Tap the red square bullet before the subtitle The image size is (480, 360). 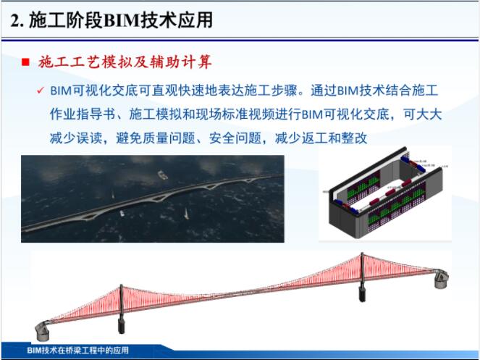tap(25, 63)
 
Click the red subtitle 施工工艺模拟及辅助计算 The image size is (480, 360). tap(125, 62)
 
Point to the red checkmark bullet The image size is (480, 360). tap(42, 93)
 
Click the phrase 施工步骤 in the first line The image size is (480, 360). tap(279, 92)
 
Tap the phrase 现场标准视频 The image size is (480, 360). tap(232, 114)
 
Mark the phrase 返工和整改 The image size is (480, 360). tap(334, 137)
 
